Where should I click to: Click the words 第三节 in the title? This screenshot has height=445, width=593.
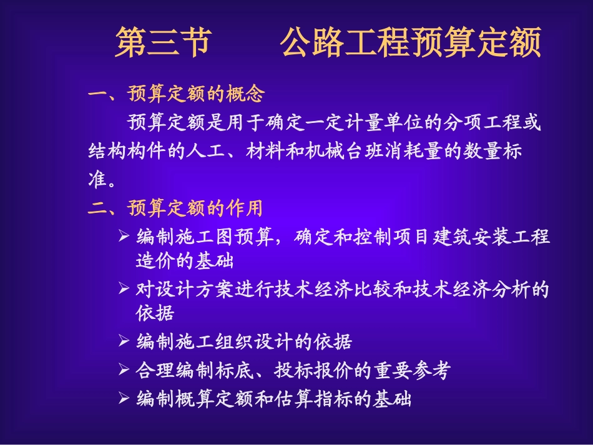point(161,42)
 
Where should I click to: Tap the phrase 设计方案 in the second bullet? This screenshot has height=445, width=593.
point(185,290)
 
